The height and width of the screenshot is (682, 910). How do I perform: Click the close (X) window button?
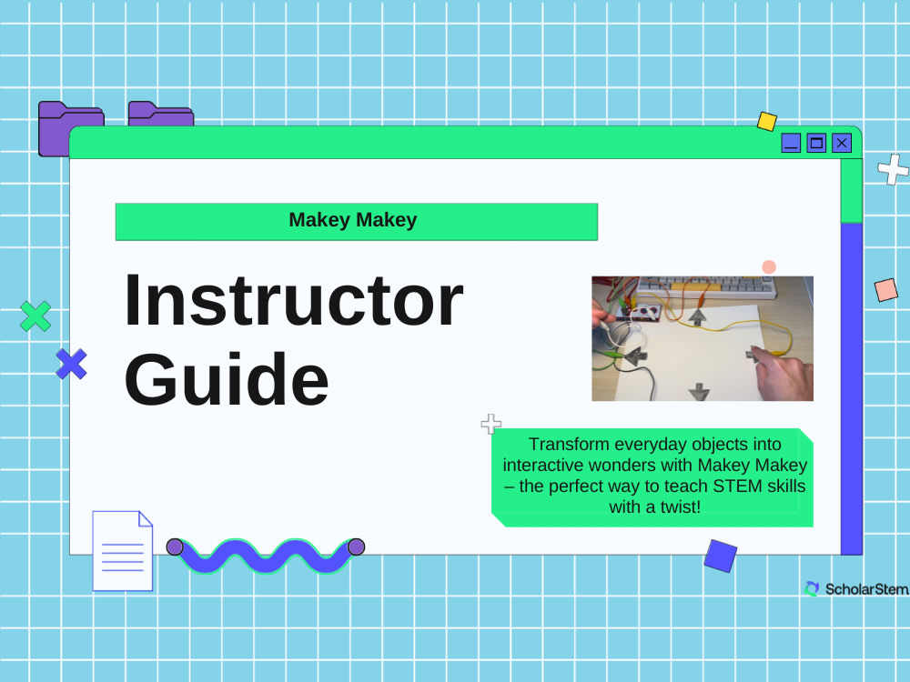[842, 143]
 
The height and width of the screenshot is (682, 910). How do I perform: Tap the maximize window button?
[816, 143]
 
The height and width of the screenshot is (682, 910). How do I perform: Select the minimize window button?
[791, 143]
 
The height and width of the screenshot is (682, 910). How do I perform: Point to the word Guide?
[226, 378]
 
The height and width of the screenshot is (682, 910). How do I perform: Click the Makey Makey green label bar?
[356, 221]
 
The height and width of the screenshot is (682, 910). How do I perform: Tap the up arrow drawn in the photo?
[697, 316]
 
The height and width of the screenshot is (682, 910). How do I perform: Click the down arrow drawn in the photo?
[699, 392]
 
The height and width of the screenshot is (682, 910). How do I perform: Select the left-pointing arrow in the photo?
[634, 357]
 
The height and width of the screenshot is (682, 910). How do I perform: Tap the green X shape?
[35, 316]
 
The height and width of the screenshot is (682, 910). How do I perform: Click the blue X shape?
[71, 364]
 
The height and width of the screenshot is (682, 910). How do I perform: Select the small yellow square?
[767, 121]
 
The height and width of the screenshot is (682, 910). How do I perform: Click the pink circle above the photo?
[769, 266]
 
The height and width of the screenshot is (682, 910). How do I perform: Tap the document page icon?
[122, 550]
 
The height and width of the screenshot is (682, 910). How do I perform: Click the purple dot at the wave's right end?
[356, 547]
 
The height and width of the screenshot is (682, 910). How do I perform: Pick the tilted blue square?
[720, 556]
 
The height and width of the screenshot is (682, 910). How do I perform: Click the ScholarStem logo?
[855, 589]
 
